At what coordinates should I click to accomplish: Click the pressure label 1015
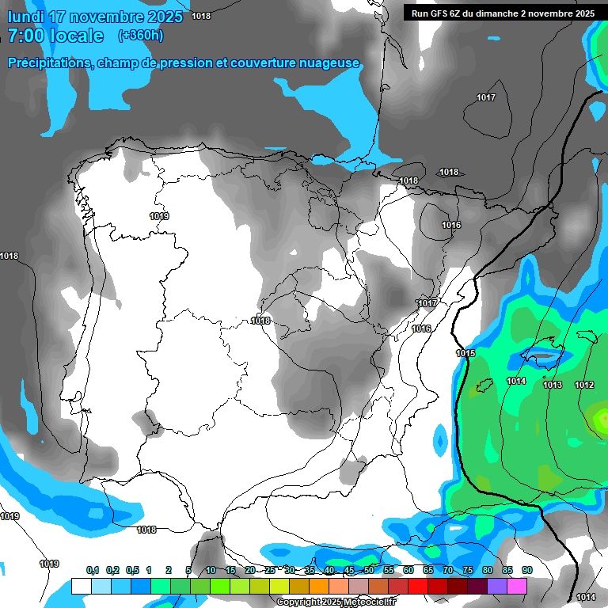coord(465,353)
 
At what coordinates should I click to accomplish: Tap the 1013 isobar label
coord(553,385)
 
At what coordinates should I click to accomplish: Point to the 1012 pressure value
coord(584,385)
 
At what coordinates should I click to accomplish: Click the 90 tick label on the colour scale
coord(527,570)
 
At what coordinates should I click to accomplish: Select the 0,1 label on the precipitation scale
coord(93,570)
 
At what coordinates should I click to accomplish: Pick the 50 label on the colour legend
coord(369,570)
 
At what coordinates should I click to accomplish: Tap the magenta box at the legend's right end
coord(517,586)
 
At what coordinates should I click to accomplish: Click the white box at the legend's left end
coord(82,586)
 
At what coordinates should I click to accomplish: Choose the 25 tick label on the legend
coord(270,570)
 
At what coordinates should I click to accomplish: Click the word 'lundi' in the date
coord(25,16)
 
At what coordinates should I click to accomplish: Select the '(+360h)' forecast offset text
coord(140,36)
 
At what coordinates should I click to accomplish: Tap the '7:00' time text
coord(25,36)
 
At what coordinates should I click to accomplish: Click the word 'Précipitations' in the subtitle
coord(49,63)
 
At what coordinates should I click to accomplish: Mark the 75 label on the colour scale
coord(468,570)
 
